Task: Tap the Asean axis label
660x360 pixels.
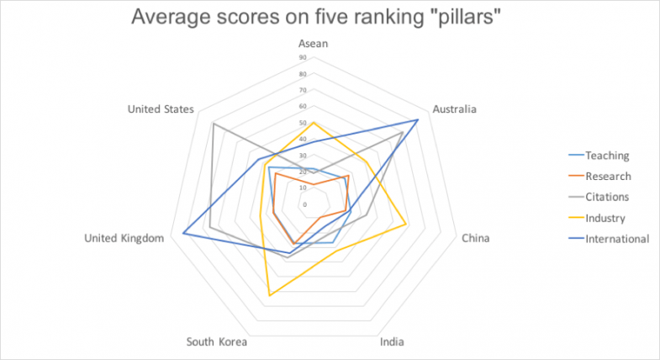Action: click(x=313, y=44)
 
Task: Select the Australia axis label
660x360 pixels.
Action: click(x=454, y=109)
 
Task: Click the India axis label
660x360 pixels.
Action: click(x=392, y=342)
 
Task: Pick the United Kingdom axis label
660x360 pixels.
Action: click(x=124, y=238)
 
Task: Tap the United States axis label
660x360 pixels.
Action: click(x=161, y=109)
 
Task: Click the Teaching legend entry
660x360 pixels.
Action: click(x=607, y=156)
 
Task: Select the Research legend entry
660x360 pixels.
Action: click(x=608, y=176)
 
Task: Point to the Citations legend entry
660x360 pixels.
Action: click(x=607, y=197)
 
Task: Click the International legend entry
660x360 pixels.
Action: click(x=617, y=238)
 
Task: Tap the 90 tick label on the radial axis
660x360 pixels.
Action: click(x=303, y=58)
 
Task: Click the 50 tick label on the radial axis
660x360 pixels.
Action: click(x=303, y=123)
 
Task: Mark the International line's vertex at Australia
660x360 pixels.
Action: click(x=418, y=120)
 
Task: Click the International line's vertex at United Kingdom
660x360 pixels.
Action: click(x=182, y=234)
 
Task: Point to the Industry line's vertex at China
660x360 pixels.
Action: click(x=407, y=225)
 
